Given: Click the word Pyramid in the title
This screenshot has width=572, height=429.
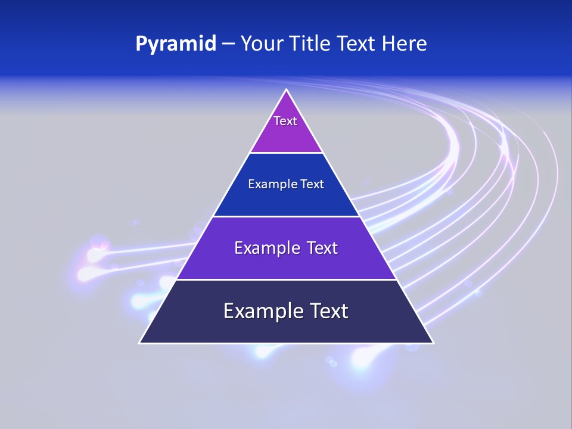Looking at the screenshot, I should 176,44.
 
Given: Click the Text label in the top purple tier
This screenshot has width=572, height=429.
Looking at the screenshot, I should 285,121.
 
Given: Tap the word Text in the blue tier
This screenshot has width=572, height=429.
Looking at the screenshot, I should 312,185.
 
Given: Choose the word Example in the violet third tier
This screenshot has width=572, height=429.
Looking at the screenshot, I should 266,248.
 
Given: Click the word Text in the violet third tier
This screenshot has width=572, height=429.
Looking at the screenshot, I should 323,248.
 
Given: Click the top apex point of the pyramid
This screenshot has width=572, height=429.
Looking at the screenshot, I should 287,90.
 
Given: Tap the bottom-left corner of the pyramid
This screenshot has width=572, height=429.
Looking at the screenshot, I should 140,343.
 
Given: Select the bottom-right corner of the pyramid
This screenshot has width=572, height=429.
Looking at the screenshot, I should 433,343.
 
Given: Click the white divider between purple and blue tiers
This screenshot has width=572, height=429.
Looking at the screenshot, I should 287,153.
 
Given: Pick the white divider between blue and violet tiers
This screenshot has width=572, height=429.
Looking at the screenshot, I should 287,216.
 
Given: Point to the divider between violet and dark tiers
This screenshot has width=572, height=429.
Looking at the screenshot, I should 287,279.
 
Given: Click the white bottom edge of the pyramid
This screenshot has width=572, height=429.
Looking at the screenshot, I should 287,343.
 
